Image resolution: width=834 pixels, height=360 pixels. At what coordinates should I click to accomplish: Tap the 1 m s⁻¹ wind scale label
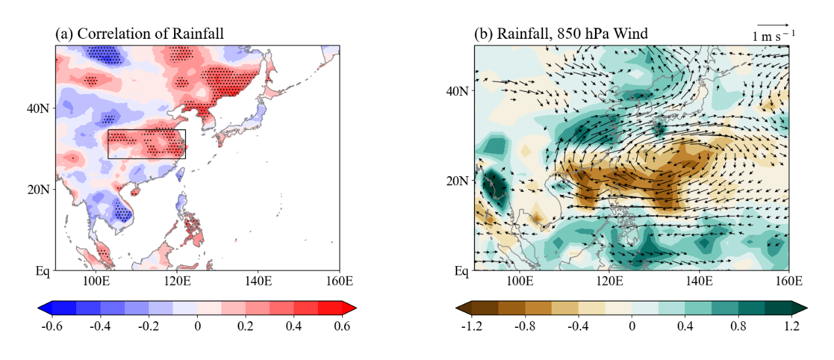click(x=773, y=37)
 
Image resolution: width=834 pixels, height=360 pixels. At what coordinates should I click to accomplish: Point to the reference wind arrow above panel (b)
click(x=773, y=26)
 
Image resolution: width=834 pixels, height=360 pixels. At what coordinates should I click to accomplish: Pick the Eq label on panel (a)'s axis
click(x=44, y=270)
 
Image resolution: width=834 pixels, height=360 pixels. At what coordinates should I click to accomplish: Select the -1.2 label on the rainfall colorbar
click(x=472, y=326)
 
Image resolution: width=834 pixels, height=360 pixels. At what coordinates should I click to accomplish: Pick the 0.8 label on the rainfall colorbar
click(x=738, y=326)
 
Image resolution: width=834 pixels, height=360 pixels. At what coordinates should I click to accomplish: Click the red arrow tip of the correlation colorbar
click(x=352, y=307)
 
